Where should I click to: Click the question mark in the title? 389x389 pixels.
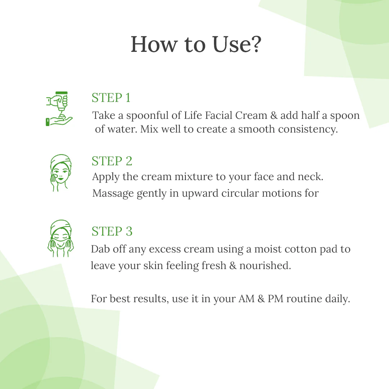[x=254, y=45]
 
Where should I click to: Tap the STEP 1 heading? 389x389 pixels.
[x=111, y=98]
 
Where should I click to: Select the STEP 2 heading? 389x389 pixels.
[x=112, y=161]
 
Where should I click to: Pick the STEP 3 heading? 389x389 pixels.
[x=112, y=231]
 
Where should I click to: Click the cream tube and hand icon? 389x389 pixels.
[x=59, y=109]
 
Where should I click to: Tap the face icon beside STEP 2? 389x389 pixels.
[x=60, y=173]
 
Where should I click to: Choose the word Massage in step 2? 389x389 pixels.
[x=113, y=193]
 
